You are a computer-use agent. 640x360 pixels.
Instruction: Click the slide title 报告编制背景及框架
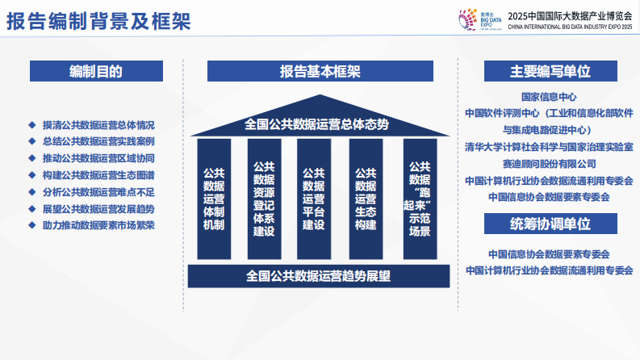[98, 21]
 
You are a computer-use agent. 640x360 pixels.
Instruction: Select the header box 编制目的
[95, 71]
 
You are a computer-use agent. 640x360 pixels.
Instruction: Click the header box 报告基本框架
[320, 71]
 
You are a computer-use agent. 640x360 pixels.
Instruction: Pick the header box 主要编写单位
[550, 71]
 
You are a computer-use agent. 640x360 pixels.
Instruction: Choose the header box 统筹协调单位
[550, 224]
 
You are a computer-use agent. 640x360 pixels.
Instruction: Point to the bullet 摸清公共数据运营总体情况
[98, 125]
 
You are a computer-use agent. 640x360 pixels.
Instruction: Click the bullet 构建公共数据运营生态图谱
[98, 175]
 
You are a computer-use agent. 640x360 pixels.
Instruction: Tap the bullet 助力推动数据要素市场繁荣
[98, 225]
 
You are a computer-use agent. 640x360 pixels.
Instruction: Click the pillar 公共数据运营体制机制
[214, 199]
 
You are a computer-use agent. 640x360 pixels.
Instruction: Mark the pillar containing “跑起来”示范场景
[420, 199]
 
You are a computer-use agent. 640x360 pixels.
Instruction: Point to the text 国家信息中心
[549, 96]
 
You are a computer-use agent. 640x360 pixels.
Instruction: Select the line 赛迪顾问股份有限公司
[549, 164]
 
